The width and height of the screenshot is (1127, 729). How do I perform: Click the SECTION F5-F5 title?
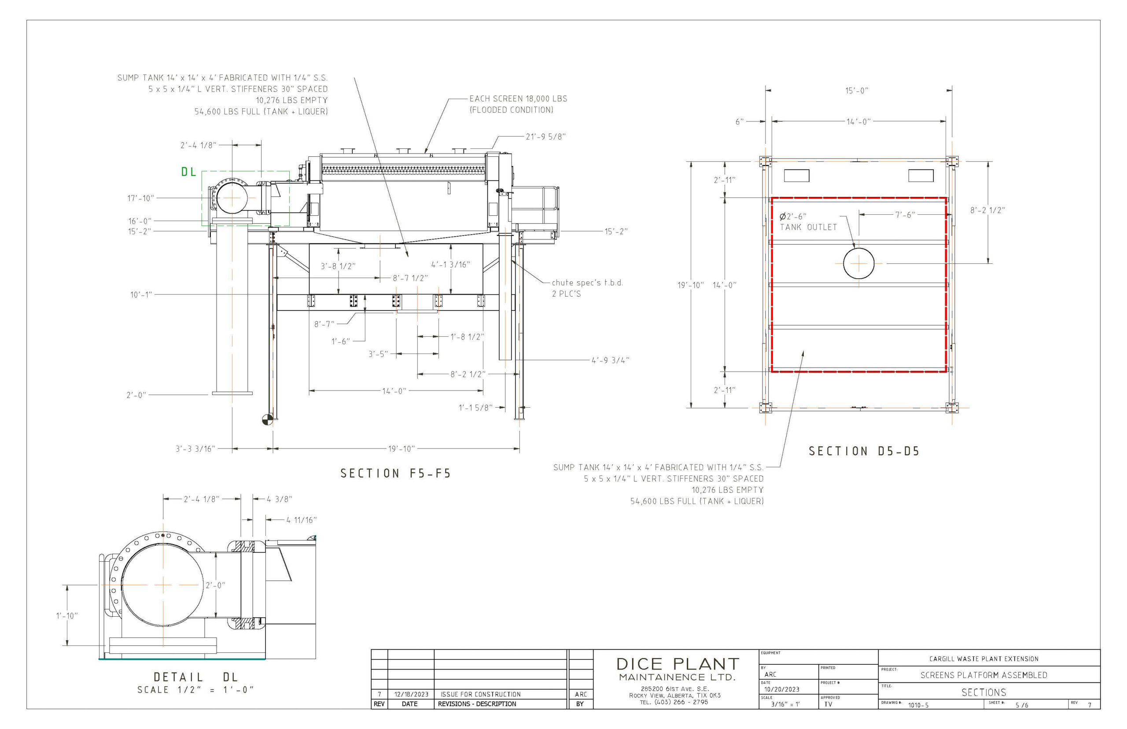[396, 473]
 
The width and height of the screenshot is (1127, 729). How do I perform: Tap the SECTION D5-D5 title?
[864, 451]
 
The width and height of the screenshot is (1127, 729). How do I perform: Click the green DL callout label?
[188, 172]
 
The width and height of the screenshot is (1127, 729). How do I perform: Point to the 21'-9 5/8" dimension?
[546, 137]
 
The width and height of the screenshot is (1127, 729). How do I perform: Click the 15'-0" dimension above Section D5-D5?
[857, 90]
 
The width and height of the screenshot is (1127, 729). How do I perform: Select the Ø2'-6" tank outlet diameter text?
[793, 216]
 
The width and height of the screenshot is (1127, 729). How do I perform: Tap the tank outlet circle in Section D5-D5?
[858, 263]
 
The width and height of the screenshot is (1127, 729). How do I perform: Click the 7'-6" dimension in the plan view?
[905, 215]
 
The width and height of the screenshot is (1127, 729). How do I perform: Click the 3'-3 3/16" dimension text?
[195, 449]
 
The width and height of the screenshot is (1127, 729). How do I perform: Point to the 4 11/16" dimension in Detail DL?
[301, 520]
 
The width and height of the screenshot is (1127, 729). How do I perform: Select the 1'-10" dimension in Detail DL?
[67, 616]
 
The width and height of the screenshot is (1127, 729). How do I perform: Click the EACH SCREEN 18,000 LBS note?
[518, 99]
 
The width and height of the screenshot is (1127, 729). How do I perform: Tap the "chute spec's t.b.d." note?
[587, 283]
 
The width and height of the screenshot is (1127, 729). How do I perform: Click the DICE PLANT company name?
[678, 664]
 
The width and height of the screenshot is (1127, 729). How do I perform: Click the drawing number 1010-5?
[918, 705]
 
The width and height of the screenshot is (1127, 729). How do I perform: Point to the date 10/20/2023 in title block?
[781, 689]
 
